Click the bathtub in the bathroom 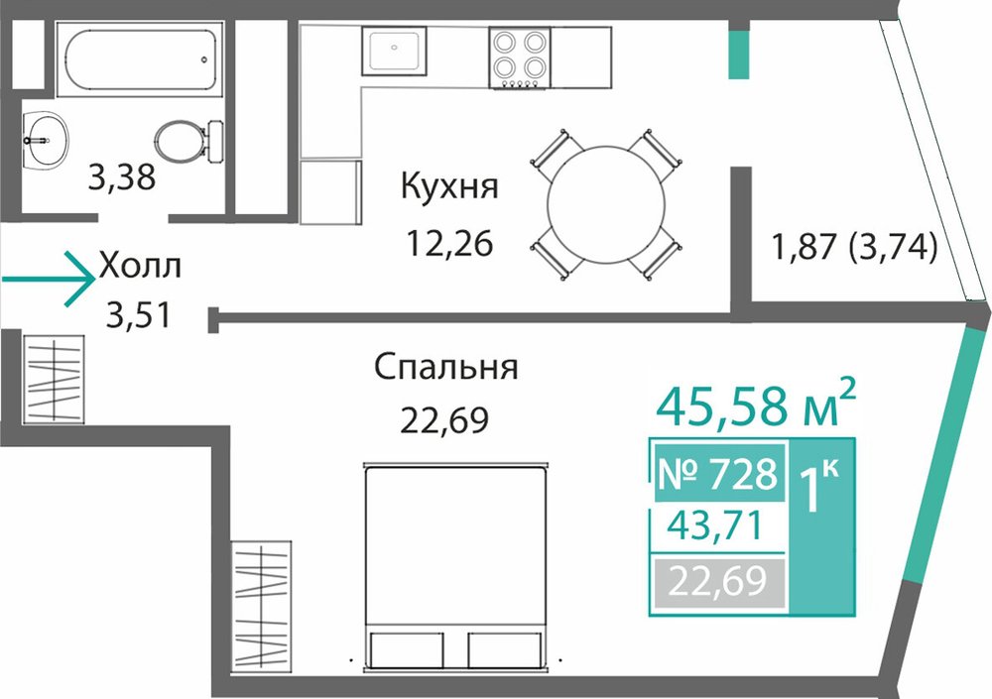139,59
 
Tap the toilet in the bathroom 188,141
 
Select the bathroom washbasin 46,141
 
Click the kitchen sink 394,50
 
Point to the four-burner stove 519,57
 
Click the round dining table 606,205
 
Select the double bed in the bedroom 455,567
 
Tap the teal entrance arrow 48,279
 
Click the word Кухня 449,186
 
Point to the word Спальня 446,368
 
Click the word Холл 140,267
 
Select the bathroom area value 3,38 121,177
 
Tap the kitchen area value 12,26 449,243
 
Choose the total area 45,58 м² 756,404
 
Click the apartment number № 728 718,474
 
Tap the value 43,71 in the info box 715,526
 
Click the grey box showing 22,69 718,582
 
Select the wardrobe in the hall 54,379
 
